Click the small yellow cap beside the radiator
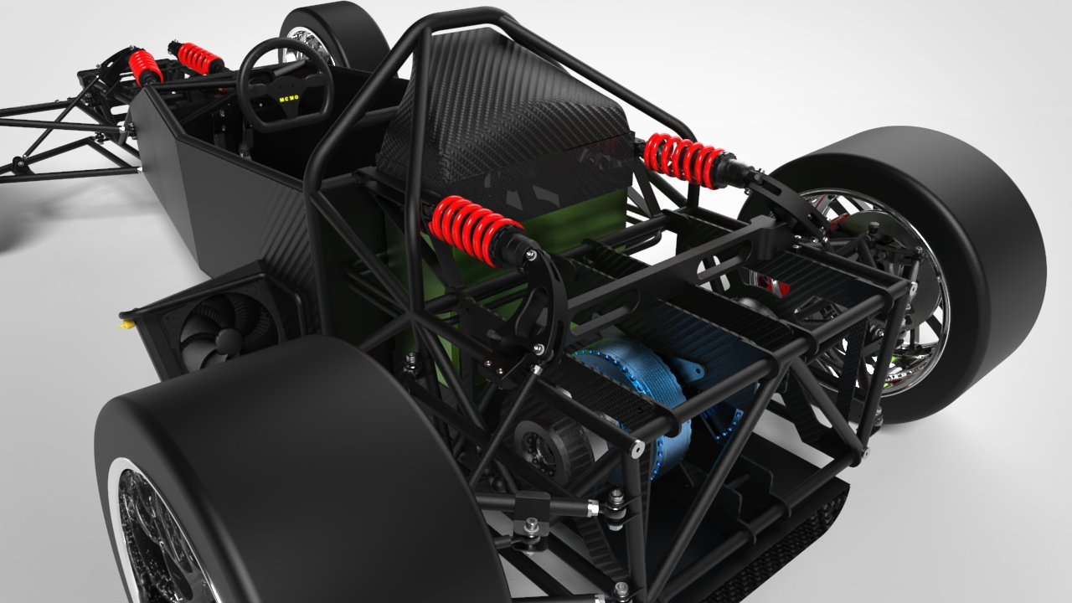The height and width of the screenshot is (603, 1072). (x=126, y=318)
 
